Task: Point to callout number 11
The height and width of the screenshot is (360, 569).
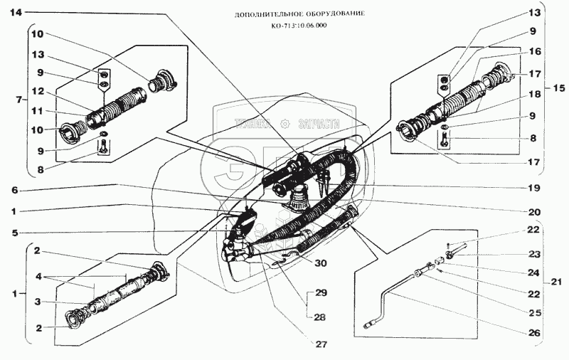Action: point(38,111)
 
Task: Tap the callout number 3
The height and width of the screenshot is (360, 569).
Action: point(38,302)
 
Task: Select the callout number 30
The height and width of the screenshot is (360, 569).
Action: point(321,262)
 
